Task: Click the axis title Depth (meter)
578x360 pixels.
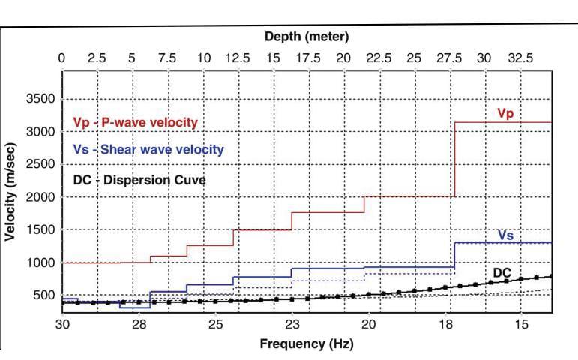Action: click(307, 36)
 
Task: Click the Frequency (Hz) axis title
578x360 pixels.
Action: click(306, 344)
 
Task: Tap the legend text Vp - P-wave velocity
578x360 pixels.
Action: click(135, 122)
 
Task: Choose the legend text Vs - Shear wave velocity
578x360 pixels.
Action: click(148, 150)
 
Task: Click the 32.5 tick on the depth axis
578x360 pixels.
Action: click(518, 58)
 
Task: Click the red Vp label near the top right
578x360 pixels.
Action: click(505, 112)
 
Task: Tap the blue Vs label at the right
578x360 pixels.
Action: click(505, 235)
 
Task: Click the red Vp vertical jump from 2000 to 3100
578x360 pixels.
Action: click(455, 159)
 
